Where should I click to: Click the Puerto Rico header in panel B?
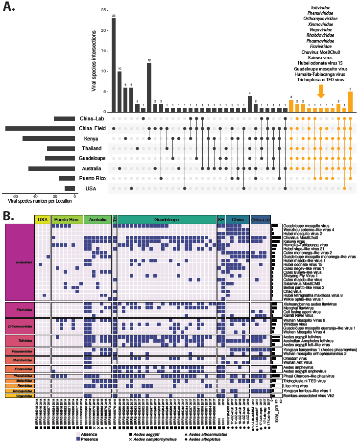pos(67,219)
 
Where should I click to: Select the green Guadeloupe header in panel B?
pos(167,219)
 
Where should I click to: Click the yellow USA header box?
pos(43,219)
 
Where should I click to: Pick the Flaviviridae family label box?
pos(19,309)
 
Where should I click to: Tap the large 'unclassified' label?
pos(19,262)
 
